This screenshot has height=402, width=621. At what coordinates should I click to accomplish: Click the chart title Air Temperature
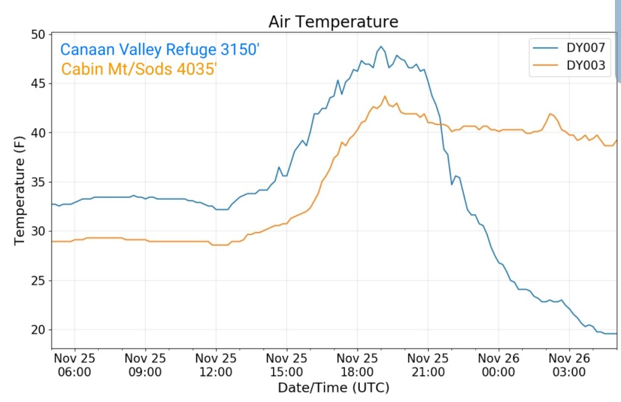coord(334,22)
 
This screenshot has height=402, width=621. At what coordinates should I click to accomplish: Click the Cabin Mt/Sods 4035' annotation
coord(139,69)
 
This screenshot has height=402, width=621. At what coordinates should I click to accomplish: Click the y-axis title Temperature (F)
coord(20,190)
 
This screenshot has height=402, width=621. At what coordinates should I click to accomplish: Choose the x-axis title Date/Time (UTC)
coord(334,387)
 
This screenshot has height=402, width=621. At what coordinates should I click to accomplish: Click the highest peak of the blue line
coord(381,46)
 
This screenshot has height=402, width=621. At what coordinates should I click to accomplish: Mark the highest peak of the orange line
coord(384,96)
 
